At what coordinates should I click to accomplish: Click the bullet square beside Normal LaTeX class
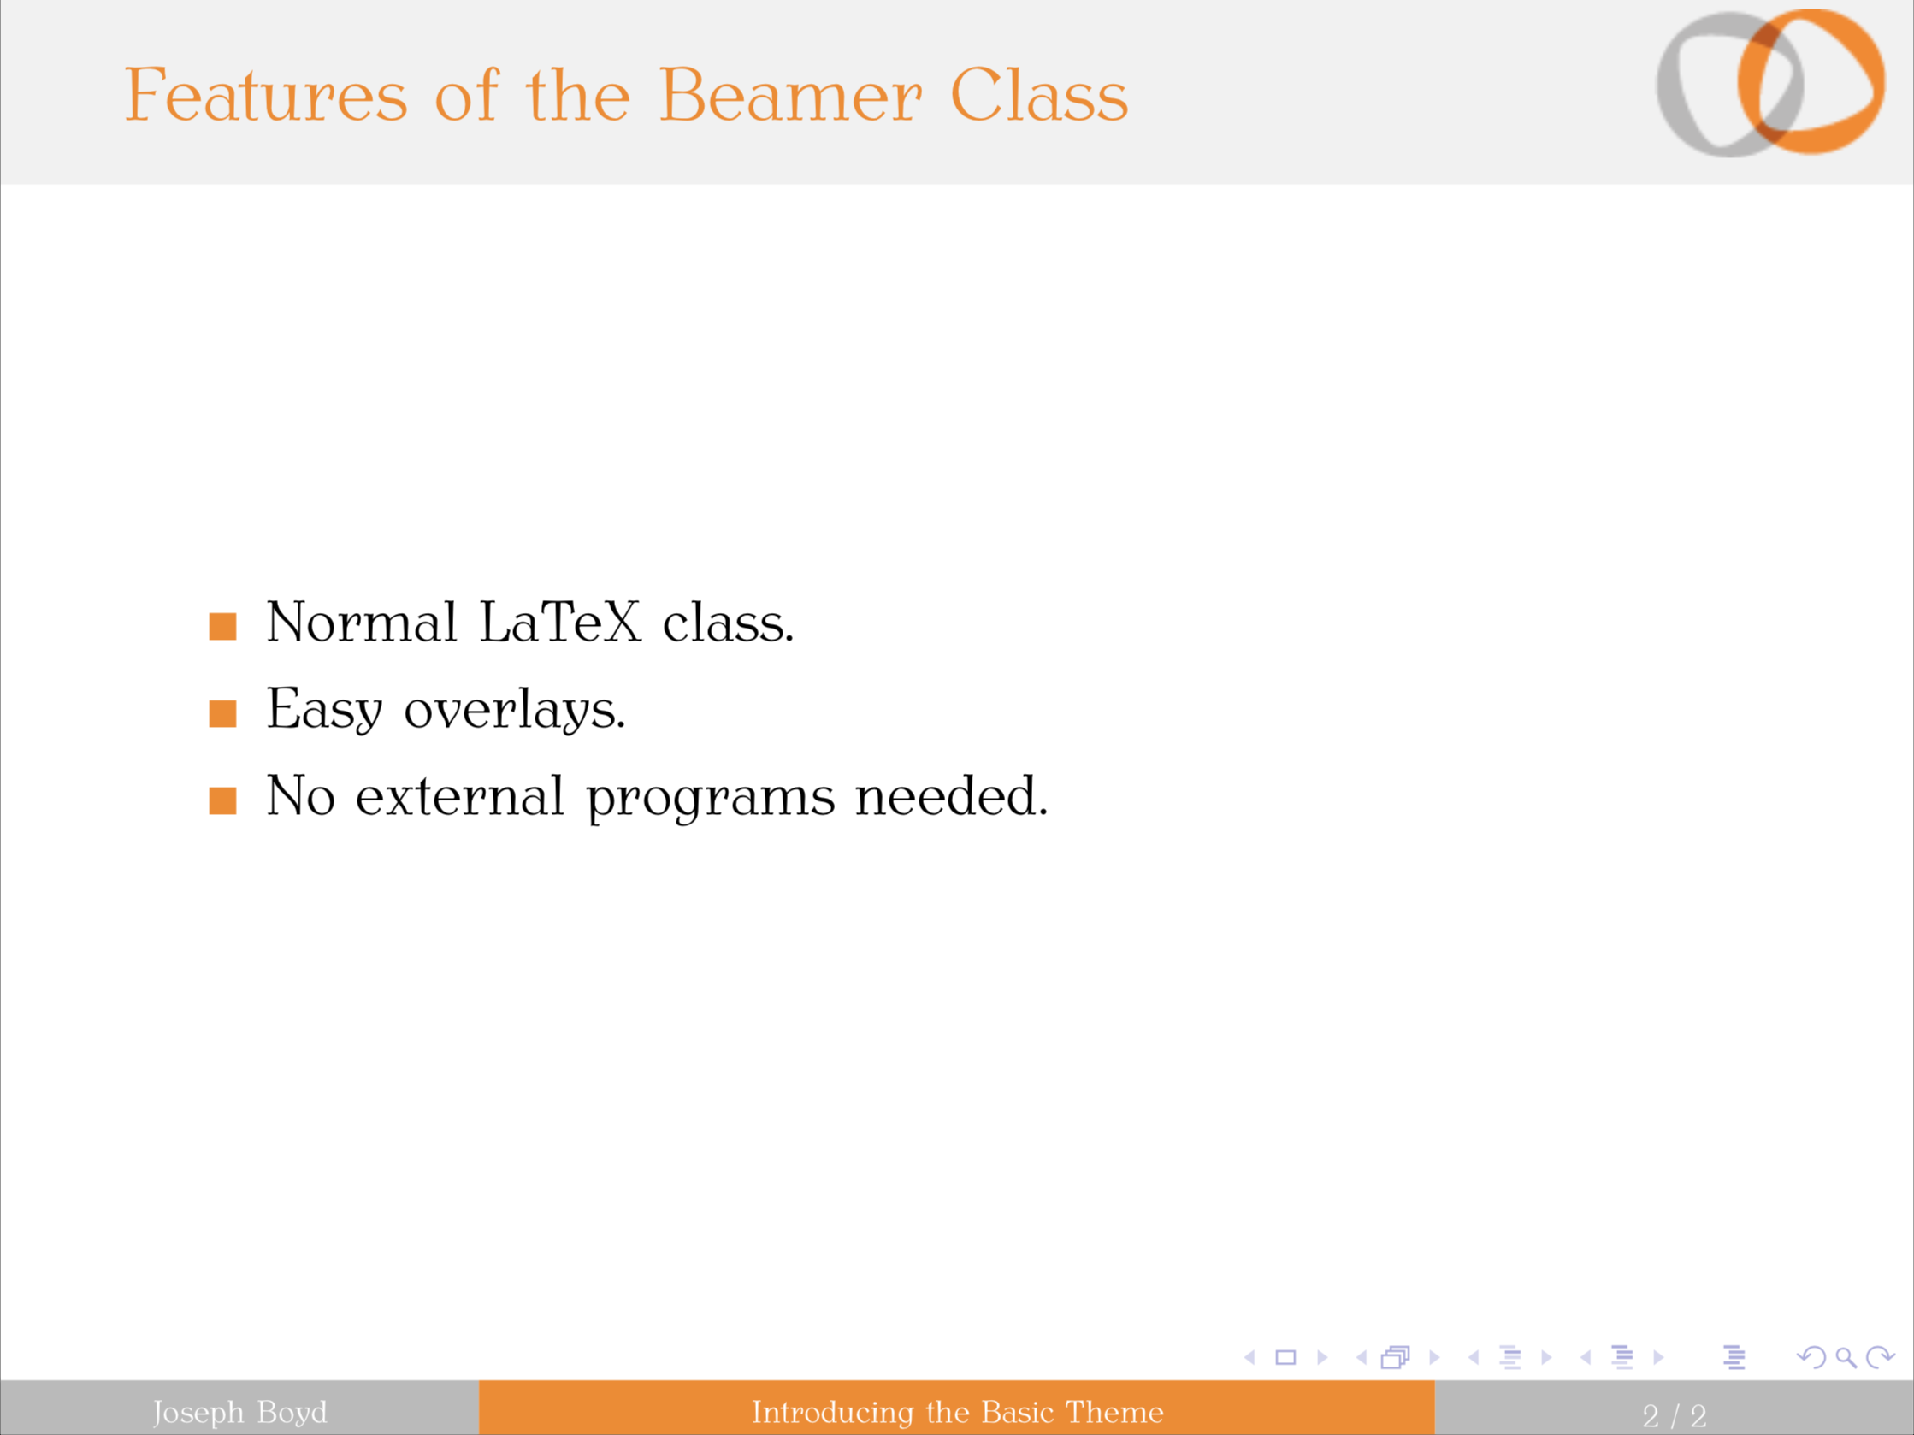[222, 626]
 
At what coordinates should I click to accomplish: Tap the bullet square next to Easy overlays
[222, 713]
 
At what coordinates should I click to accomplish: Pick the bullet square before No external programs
[222, 800]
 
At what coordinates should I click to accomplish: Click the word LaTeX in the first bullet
[560, 622]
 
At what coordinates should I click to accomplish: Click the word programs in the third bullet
[711, 798]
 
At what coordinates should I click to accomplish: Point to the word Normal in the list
[361, 622]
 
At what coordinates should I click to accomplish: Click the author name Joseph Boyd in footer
[239, 1412]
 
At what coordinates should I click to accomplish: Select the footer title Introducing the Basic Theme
[957, 1412]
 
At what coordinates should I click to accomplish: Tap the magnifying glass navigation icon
[1846, 1358]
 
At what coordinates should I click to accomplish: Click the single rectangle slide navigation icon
[1285, 1358]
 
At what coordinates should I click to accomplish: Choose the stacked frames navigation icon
[1395, 1358]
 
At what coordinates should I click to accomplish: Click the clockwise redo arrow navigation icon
[1880, 1358]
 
